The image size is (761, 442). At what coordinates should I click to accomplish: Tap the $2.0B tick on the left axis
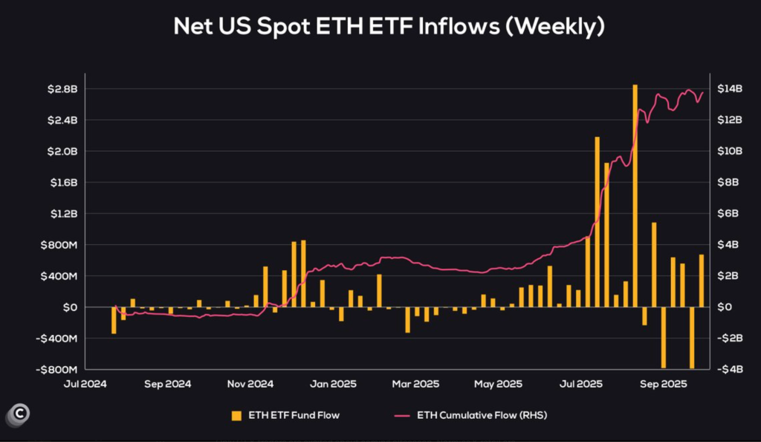[62, 151]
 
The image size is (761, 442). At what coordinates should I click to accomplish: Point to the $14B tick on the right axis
[729, 89]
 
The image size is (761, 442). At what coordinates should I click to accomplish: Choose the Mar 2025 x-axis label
[416, 385]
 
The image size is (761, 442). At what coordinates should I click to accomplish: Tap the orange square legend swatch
[237, 414]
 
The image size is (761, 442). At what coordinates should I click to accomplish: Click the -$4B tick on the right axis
[728, 369]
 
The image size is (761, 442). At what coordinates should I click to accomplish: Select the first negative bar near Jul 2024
[114, 320]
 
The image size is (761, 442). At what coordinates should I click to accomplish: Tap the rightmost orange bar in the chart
[701, 281]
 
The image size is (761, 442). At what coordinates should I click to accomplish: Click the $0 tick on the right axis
[724, 307]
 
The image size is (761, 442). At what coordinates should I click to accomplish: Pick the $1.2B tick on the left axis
[62, 214]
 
